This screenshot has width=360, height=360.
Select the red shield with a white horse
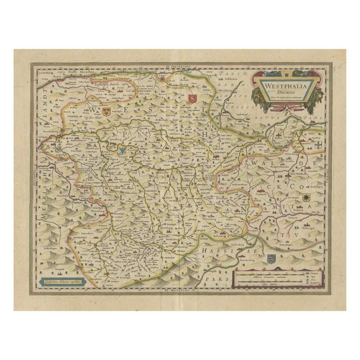click(191, 97)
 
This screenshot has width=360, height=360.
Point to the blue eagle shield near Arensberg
click(123, 151)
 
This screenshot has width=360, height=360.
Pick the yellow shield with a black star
click(306, 197)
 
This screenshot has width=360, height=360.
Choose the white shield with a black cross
click(319, 146)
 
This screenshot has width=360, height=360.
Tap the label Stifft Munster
click(81, 72)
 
